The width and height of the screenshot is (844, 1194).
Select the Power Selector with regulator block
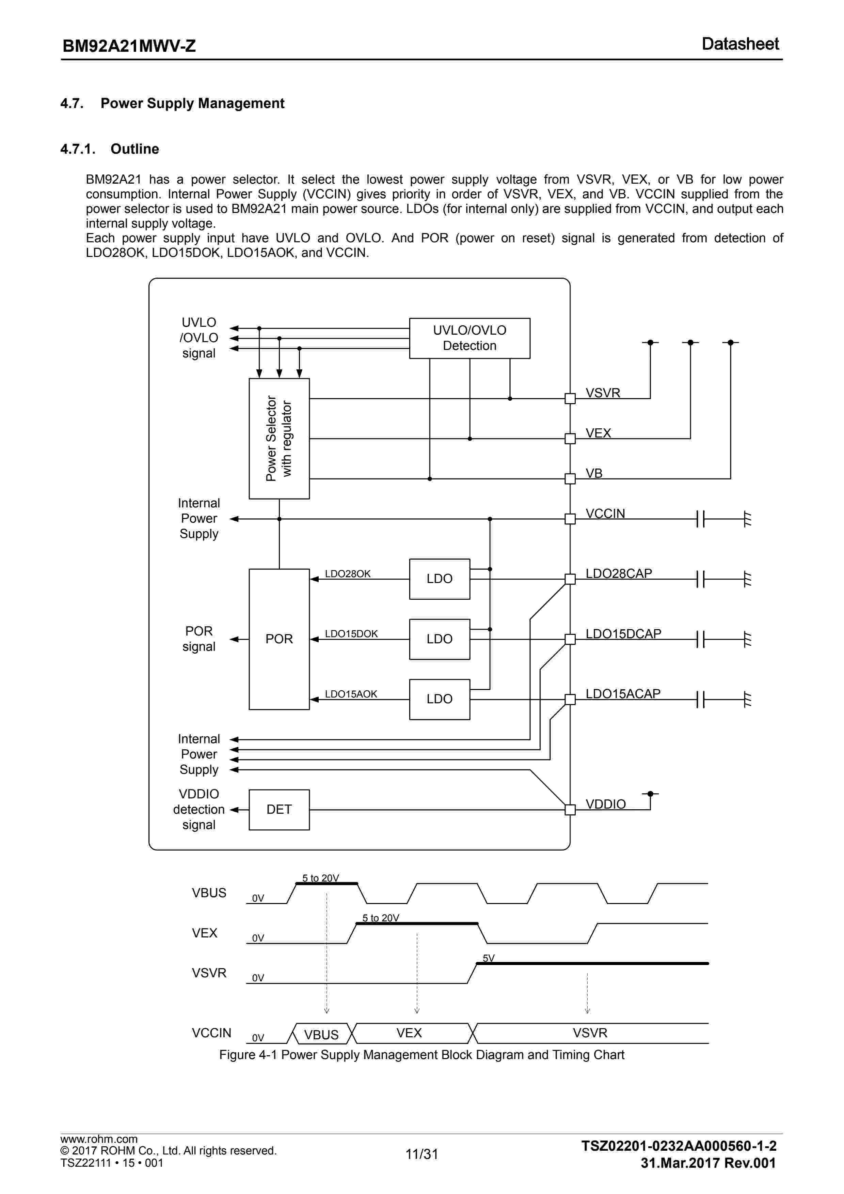279,439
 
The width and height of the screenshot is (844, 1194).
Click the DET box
279,809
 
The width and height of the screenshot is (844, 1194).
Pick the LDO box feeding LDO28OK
439,579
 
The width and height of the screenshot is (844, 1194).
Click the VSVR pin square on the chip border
570,398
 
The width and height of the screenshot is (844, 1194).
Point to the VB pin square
570,478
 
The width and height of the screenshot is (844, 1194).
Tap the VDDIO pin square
570,809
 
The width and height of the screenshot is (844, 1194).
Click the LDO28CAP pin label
619,573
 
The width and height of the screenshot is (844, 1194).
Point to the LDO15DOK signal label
351,633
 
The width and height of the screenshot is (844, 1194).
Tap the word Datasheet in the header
740,44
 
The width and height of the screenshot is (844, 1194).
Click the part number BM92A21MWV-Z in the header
129,46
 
